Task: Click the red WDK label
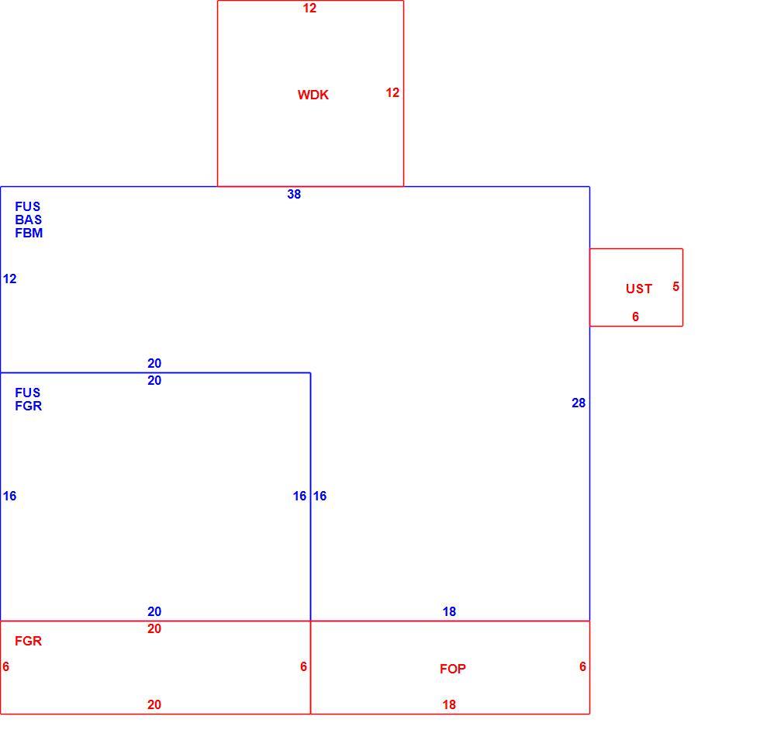(313, 95)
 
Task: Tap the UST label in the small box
(639, 289)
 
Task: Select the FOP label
(453, 669)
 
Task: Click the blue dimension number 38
(294, 194)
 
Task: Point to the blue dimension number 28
(579, 403)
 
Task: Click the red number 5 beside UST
(675, 286)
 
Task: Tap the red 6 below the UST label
(635, 317)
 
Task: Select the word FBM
(29, 233)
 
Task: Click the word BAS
(28, 220)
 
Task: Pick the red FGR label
(28, 641)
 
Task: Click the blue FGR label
(28, 406)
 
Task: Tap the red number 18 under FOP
(449, 704)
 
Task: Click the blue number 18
(449, 611)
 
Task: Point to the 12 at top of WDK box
(309, 8)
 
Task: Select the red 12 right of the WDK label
(392, 92)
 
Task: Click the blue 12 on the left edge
(9, 279)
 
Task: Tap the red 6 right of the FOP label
(582, 666)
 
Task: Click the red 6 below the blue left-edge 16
(6, 666)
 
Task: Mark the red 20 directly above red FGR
(154, 628)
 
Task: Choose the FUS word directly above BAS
(28, 206)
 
